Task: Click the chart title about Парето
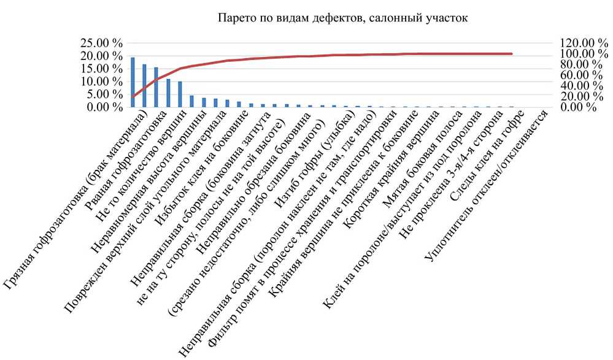[343, 18]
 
